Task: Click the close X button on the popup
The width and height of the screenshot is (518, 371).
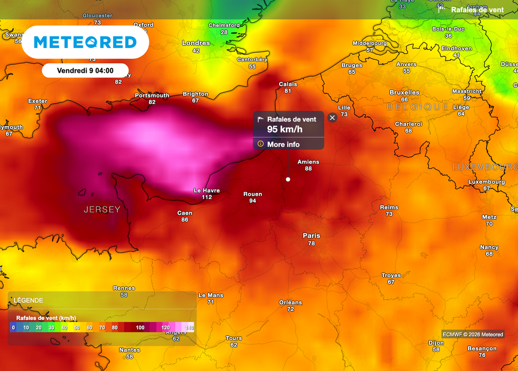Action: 332,117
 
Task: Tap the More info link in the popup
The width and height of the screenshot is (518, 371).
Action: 283,144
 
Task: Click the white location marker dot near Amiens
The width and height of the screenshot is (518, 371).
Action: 288,179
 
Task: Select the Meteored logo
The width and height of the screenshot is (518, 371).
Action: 85,42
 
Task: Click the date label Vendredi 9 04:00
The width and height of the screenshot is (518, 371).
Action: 85,71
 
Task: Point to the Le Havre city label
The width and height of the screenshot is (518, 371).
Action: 207,190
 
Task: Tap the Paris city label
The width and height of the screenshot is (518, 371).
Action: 311,235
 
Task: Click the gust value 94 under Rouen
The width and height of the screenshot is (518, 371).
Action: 252,201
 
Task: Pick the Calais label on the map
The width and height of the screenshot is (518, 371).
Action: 288,84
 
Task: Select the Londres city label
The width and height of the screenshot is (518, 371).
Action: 196,43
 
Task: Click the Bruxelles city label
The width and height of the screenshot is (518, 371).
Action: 404,92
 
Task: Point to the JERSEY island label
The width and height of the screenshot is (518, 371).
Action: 102,210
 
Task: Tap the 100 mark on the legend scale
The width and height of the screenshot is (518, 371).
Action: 140,327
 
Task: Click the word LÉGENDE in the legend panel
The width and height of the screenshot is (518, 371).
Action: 28,300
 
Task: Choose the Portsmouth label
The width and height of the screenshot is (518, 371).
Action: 152,95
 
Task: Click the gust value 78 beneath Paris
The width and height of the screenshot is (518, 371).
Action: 311,243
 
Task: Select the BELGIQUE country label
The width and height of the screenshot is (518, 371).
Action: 418,107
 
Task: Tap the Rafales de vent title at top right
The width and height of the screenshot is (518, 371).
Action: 477,10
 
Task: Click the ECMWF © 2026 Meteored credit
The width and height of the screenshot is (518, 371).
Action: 473,334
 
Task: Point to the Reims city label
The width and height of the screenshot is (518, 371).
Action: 389,207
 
